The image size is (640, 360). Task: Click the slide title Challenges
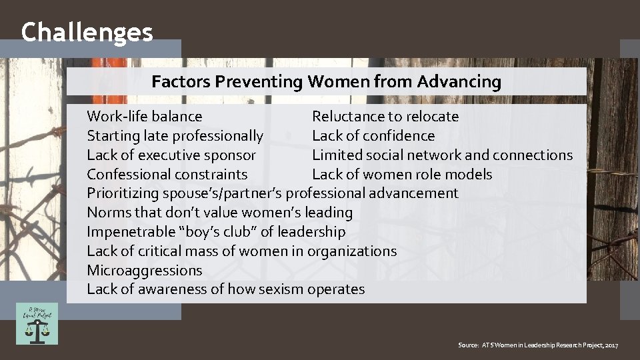coord(87,32)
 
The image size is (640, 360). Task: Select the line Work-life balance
coord(145,117)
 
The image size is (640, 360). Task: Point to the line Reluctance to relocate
coord(385,117)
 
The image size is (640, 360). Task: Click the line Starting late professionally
coord(175,136)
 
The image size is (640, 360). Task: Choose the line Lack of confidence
coord(373,136)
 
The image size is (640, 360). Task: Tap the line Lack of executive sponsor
coord(171,155)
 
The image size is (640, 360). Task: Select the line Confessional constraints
coord(167,175)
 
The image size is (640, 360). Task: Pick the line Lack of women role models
coord(402,175)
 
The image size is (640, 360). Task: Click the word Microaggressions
coord(144,271)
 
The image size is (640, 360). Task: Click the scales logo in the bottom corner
coord(37,324)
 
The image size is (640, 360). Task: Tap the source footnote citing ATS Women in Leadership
coord(538,345)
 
